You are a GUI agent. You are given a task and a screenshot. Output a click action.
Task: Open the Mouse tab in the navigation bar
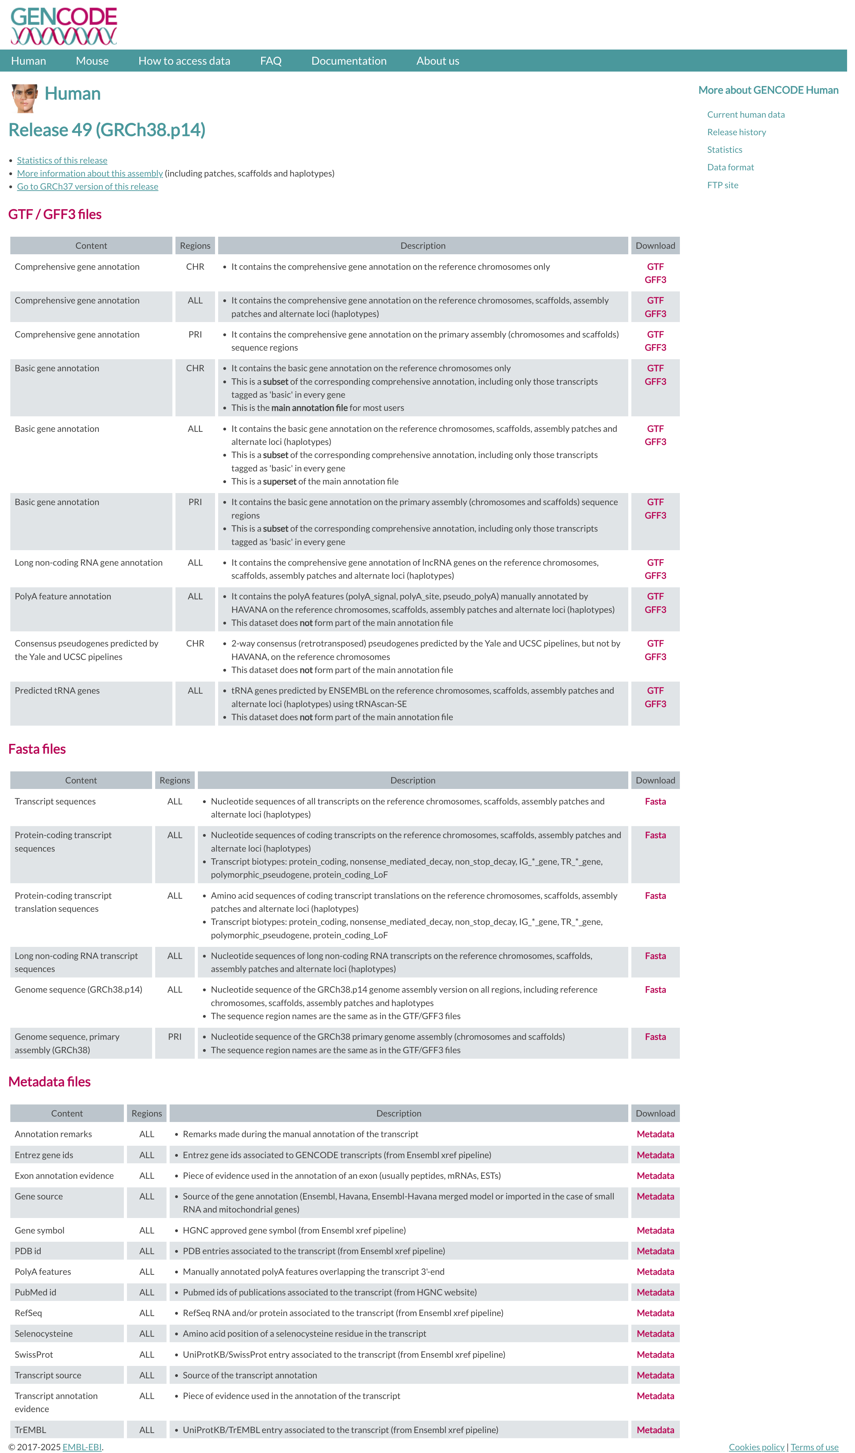[x=92, y=61]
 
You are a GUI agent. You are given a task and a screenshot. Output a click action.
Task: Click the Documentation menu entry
[x=349, y=61]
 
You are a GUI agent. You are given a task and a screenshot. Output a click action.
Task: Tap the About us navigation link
[x=438, y=61]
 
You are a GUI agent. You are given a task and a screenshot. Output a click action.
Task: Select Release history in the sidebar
[x=736, y=132]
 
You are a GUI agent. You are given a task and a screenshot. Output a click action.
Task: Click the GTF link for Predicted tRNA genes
[x=655, y=691]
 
